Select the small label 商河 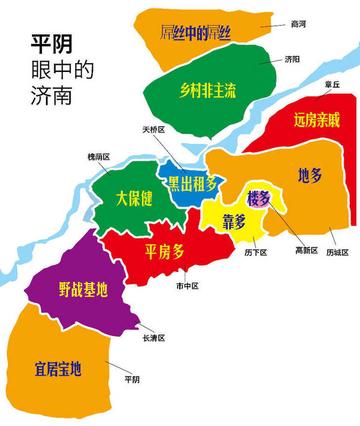coord(299,22)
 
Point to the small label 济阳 coord(292,59)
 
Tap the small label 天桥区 coord(152,130)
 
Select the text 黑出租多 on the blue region coord(191,183)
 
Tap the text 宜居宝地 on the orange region coord(56,370)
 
